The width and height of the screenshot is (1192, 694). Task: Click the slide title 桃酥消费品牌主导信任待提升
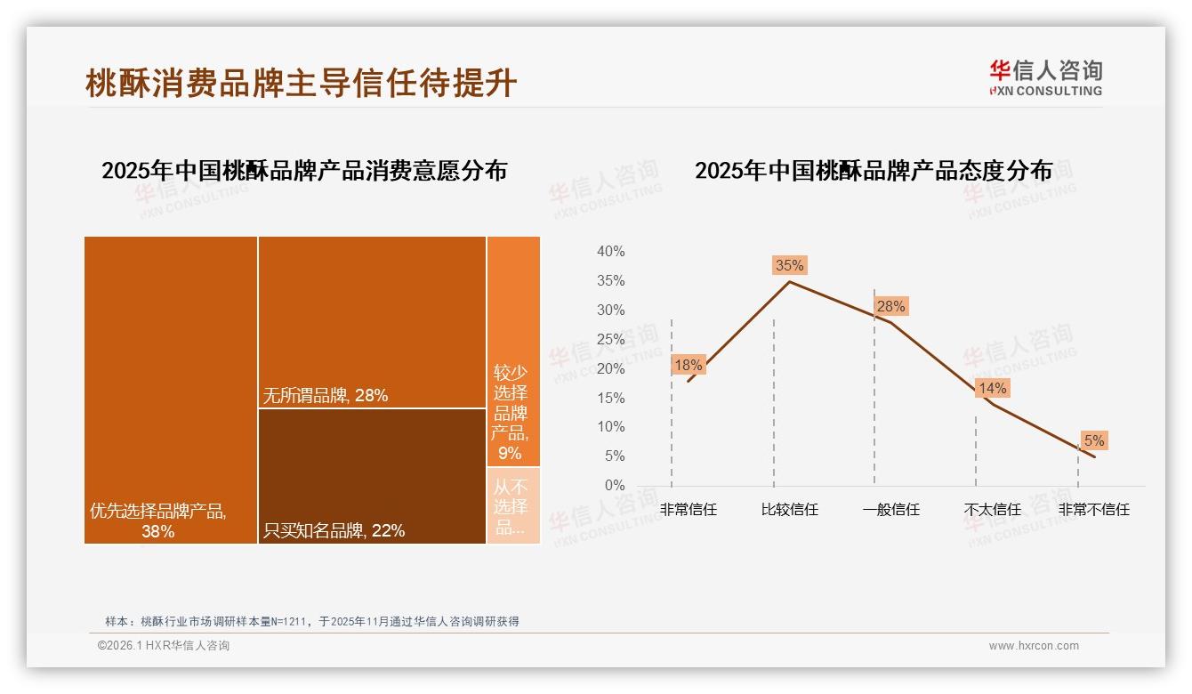[x=301, y=83]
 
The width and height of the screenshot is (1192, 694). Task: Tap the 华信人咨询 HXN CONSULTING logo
[x=1045, y=77]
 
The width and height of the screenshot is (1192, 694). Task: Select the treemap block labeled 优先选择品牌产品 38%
[x=171, y=389]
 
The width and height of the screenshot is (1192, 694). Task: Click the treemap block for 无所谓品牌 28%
[x=372, y=322]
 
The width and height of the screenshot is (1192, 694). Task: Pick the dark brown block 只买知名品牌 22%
[x=372, y=476]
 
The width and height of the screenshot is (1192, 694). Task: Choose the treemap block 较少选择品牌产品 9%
[x=512, y=351]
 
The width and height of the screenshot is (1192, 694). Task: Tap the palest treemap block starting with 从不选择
[x=512, y=505]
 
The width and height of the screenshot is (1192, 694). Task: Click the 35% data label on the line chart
[x=789, y=265]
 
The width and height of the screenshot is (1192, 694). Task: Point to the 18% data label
[x=688, y=365]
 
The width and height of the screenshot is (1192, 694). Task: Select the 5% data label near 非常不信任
[x=1093, y=440]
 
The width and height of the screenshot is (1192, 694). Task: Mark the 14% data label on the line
[x=992, y=388]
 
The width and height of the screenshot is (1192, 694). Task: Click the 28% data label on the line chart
[x=890, y=306]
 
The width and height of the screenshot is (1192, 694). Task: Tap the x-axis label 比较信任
[x=789, y=510]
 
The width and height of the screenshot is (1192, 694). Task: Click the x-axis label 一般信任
[x=890, y=510]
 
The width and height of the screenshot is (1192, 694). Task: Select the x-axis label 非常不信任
[x=1093, y=510]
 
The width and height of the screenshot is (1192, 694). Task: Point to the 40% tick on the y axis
[x=610, y=252]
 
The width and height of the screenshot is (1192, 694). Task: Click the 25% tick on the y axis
[x=610, y=339]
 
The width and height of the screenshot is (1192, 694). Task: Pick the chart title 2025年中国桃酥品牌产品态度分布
[x=873, y=170]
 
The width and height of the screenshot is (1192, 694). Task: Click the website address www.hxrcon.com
[x=1033, y=646]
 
